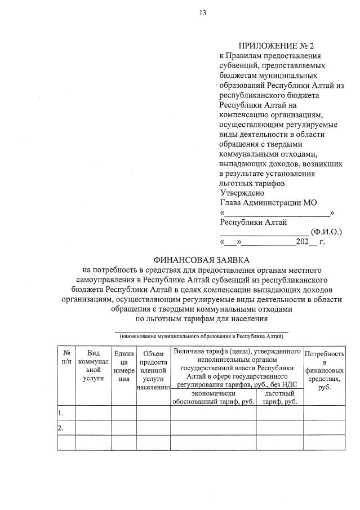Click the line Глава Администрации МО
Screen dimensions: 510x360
pos(269,202)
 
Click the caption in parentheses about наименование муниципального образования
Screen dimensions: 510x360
pos(201,335)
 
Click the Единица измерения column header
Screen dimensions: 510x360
pos(123,366)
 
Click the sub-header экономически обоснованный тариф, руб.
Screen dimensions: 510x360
pos(213,397)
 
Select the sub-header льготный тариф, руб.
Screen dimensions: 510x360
pos(279,397)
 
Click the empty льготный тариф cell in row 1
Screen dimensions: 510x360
pos(279,413)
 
